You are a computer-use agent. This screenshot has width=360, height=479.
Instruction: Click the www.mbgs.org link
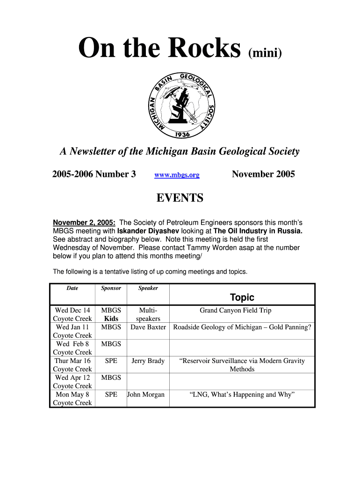177,175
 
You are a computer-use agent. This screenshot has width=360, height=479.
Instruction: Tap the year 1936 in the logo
182,135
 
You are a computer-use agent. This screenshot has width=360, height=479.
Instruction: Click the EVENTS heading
180,198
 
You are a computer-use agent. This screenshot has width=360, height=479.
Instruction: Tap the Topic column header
242,298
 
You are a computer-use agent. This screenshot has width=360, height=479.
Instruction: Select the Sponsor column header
111,288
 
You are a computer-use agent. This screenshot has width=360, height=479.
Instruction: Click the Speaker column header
148,288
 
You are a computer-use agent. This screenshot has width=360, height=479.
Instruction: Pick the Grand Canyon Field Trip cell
235,311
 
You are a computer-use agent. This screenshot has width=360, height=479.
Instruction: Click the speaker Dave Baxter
148,327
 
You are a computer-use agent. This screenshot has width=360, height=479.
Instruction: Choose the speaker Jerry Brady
148,361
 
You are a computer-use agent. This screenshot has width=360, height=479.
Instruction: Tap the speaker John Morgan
146,395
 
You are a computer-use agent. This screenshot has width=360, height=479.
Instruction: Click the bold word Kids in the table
111,319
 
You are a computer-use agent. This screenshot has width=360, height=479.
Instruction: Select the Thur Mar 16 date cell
72,361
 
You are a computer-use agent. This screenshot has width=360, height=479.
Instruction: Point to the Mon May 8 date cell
72,395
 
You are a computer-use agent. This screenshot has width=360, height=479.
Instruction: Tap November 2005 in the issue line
263,174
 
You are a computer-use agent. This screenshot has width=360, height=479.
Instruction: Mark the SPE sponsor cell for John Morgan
111,395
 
